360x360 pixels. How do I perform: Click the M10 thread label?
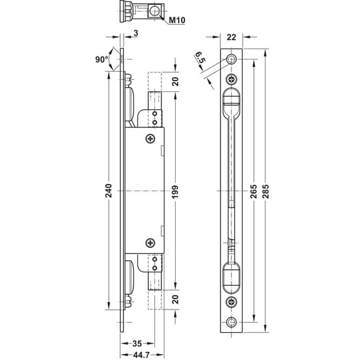(x=177, y=20)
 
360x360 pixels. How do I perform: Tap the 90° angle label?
(x=102, y=59)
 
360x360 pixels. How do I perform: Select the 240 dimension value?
(x=108, y=191)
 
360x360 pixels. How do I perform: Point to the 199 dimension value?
(x=175, y=192)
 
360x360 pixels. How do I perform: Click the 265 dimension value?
(x=254, y=191)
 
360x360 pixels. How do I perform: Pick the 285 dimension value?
(x=265, y=191)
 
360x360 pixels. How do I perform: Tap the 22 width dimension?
(x=231, y=37)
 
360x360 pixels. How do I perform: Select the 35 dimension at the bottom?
(x=137, y=343)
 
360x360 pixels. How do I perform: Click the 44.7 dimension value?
(x=142, y=355)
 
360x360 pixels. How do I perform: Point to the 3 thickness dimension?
(x=136, y=33)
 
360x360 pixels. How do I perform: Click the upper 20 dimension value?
(x=176, y=82)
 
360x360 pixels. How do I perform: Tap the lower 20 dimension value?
(x=176, y=300)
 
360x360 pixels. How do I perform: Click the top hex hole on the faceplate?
(x=231, y=59)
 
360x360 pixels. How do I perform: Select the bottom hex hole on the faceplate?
(x=231, y=322)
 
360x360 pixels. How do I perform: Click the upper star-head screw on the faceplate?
(x=231, y=80)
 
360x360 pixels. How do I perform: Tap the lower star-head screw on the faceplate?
(x=231, y=302)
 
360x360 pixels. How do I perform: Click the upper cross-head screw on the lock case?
(x=150, y=138)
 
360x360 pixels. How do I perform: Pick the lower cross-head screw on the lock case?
(x=150, y=243)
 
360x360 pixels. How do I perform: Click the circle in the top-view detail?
(x=154, y=11)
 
